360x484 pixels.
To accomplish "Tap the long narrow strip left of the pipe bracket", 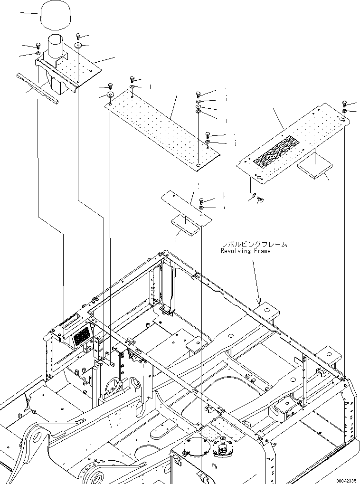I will click(37, 88).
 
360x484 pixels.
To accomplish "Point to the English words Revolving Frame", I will click(246, 251).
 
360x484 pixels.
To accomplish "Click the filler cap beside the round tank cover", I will click(222, 447).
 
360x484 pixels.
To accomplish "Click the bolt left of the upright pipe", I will click(38, 46).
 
